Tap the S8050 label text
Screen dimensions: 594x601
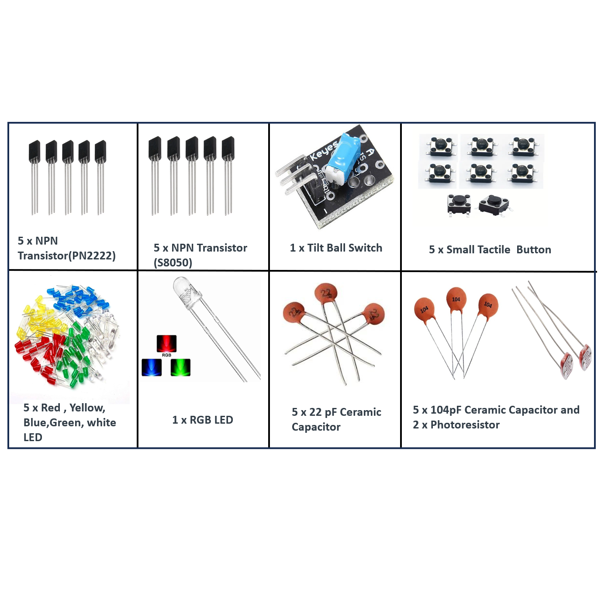[173, 262]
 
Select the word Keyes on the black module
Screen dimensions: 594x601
[324, 151]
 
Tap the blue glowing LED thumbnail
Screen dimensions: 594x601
[152, 367]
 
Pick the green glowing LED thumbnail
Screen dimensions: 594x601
[180, 367]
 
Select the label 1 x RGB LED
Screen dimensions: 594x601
[203, 420]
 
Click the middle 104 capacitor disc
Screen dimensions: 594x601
[456, 299]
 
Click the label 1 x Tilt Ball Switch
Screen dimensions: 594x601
[336, 248]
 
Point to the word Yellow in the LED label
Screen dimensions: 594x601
[87, 408]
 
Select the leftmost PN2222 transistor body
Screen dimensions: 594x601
[35, 151]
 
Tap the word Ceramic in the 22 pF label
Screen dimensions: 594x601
[360, 412]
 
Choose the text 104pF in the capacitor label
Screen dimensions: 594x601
[446, 410]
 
